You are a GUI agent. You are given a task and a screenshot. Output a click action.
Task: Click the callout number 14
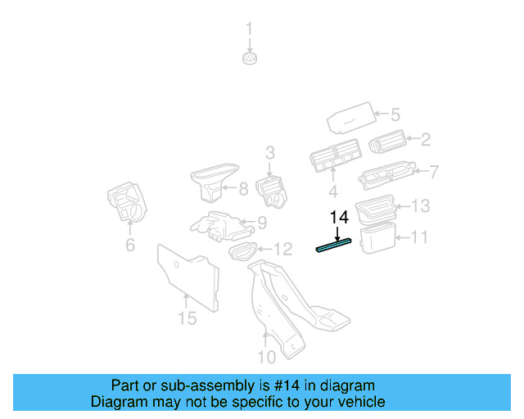tap(339, 218)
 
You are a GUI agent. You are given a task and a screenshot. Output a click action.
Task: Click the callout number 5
tap(395, 115)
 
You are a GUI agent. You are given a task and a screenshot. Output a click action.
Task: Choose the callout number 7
tap(434, 172)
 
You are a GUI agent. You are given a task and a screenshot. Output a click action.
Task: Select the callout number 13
tap(419, 205)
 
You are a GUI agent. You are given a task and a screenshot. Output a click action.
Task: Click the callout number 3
tap(269, 152)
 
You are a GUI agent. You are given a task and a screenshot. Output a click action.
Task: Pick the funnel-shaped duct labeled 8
tap(213, 181)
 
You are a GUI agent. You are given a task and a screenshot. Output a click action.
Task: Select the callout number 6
tap(129, 246)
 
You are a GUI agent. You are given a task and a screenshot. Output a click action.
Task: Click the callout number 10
tap(266, 357)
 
